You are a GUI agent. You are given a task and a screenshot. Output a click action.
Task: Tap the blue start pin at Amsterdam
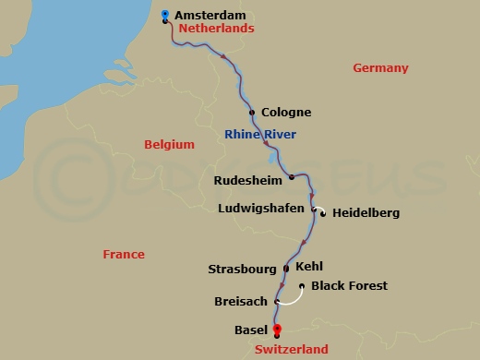point(164,15)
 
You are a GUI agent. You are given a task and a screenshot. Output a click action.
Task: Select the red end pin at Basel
point(276,330)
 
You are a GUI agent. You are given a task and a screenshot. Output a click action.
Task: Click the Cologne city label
point(286,113)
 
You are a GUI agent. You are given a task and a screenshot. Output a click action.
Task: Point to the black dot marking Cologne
point(252,113)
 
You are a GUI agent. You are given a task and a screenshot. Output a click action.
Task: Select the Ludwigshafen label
point(260,208)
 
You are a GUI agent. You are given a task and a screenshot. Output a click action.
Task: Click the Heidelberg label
point(366,213)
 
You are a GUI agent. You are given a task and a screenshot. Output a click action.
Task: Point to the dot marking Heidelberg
point(323,213)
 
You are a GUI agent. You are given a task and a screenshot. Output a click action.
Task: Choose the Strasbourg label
point(242,270)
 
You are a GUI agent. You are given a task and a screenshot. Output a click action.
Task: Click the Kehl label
point(309,267)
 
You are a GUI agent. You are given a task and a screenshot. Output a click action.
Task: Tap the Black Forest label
point(349,286)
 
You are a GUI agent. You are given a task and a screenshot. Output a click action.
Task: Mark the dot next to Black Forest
point(303,286)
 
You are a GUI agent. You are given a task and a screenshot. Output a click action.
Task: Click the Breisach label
point(241,301)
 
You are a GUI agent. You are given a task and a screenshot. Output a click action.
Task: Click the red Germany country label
point(380,68)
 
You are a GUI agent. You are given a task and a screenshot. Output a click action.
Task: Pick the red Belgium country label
point(169,144)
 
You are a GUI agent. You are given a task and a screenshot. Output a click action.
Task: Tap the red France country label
point(123,254)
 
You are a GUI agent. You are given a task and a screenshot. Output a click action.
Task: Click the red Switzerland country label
point(291,350)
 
